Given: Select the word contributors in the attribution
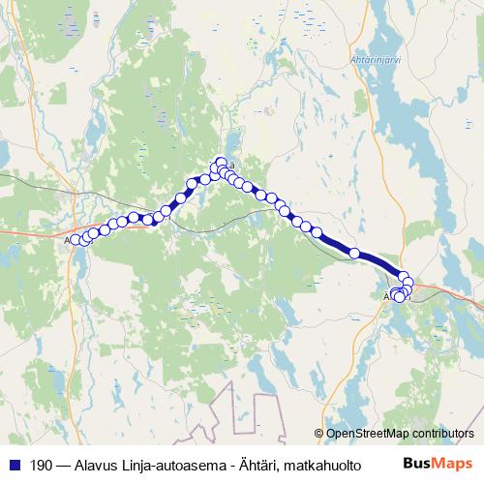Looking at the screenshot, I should pyautogui.click(x=444, y=434).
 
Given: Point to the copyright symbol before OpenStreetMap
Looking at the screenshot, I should pyautogui.click(x=319, y=434).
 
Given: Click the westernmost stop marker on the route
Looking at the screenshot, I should pyautogui.click(x=75, y=239).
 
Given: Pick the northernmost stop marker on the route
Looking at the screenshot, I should pyautogui.click(x=222, y=162).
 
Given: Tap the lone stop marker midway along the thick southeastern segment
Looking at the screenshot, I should pyautogui.click(x=354, y=254).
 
